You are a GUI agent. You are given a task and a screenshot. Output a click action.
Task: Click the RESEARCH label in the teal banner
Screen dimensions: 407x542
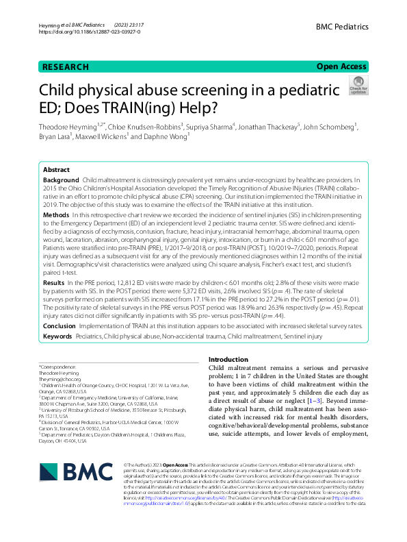(x=65, y=66)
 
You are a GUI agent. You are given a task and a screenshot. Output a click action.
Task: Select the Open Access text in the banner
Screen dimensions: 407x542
(x=341, y=66)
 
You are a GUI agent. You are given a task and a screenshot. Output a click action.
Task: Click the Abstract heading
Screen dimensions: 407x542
(x=56, y=169)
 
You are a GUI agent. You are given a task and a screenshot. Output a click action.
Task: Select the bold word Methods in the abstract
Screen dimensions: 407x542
(x=57, y=214)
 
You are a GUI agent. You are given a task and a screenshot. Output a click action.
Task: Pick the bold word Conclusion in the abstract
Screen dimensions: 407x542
(x=60, y=327)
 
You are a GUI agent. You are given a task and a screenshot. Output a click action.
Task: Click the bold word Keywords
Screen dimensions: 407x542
(x=59, y=337)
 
